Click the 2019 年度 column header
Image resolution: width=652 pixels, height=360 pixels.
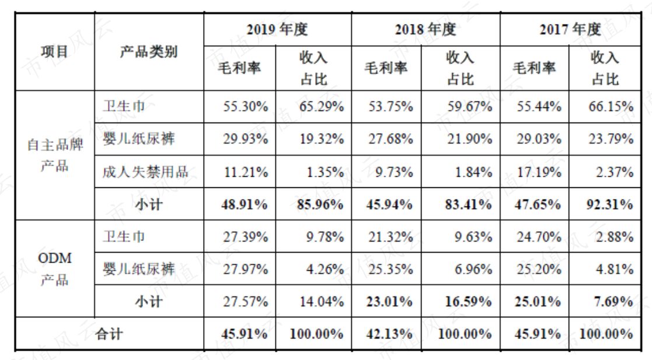click(277, 30)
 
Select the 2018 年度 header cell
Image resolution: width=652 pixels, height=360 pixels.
click(426, 30)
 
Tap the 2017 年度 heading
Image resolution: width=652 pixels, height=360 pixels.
click(570, 30)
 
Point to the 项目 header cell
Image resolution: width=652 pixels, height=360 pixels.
click(54, 51)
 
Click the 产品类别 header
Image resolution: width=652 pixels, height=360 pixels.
click(149, 51)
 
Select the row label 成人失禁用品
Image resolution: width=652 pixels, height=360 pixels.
click(145, 172)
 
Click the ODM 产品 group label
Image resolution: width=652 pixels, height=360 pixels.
click(54, 268)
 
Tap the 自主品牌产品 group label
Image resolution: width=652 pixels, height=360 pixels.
click(54, 155)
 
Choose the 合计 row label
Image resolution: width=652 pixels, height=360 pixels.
click(109, 334)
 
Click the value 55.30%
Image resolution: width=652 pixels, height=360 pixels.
click(246, 107)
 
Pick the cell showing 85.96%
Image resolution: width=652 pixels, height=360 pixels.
click(320, 205)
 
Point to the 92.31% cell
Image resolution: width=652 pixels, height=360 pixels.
click(609, 205)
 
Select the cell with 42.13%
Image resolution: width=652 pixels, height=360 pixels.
click(389, 334)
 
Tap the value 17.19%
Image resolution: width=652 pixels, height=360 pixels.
click(539, 172)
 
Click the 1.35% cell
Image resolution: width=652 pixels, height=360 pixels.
click(325, 172)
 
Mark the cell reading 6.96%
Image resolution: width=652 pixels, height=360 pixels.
click(473, 269)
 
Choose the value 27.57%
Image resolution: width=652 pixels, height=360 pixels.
click(245, 302)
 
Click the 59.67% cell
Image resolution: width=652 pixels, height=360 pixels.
click(470, 107)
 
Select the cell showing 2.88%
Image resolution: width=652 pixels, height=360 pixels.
click(615, 236)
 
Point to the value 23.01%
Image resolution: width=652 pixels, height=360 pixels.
click(389, 302)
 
